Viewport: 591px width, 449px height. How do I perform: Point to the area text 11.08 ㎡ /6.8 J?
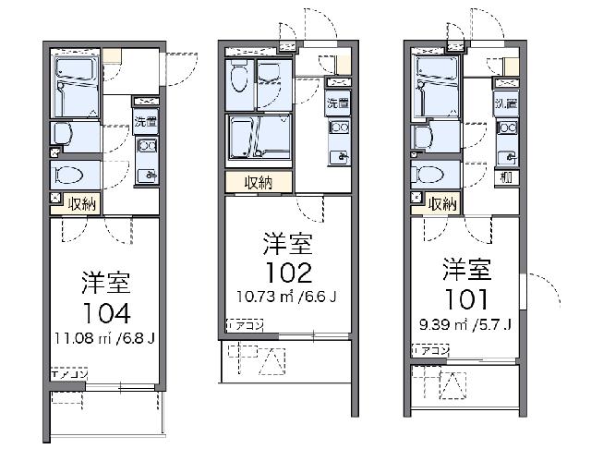104,336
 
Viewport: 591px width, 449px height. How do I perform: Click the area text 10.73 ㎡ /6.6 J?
283,297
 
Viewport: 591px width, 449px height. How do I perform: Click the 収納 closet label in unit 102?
259,182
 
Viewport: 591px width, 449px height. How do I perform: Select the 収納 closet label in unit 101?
444,204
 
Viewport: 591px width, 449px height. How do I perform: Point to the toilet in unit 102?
239,79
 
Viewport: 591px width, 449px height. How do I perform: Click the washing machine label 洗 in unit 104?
146,120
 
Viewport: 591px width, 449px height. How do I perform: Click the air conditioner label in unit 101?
431,350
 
